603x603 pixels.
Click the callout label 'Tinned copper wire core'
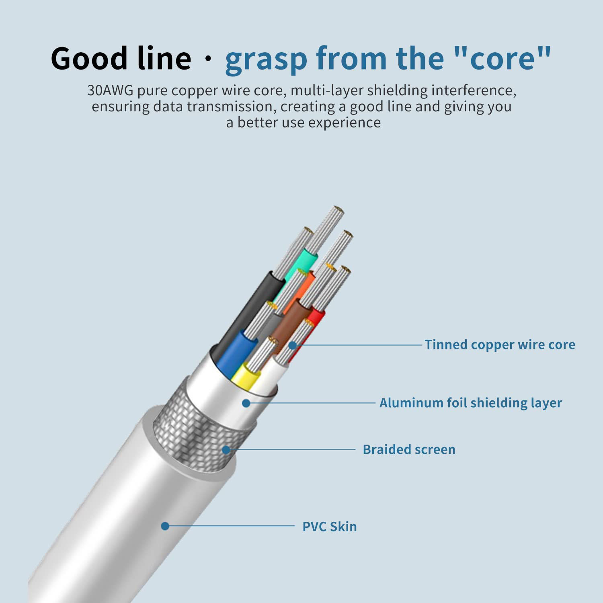(x=500, y=345)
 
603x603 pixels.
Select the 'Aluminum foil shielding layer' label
(x=470, y=403)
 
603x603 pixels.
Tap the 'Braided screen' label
(x=409, y=449)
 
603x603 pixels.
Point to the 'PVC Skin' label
(x=330, y=527)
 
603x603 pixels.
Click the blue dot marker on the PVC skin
(x=165, y=526)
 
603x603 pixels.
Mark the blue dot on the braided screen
(x=226, y=450)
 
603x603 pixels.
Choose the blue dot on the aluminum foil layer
(x=246, y=403)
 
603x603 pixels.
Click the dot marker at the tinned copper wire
(x=293, y=345)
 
